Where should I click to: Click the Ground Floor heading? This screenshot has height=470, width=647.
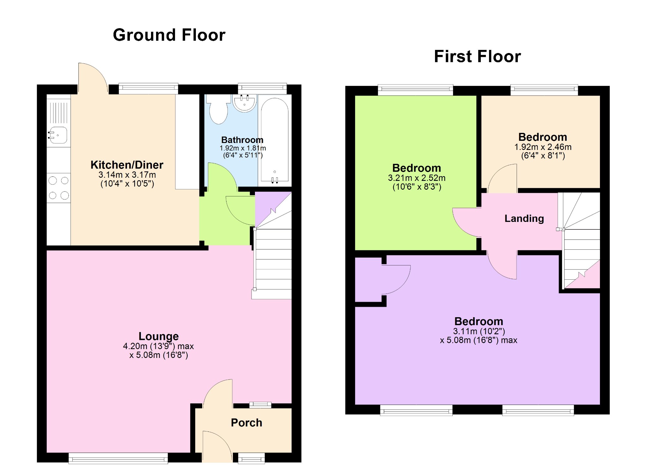coord(169,35)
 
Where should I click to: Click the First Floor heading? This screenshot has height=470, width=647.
coord(477,57)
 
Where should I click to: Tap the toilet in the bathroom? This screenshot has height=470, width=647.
coord(218,110)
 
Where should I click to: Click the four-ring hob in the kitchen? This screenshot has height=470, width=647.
coord(58,188)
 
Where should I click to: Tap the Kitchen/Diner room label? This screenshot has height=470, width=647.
coord(127,165)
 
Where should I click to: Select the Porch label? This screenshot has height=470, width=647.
coord(246,423)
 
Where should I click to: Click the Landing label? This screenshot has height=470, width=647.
coord(524,218)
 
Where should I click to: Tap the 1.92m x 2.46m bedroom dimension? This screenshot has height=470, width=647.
coord(542,147)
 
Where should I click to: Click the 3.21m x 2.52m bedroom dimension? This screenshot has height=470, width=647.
coord(416,178)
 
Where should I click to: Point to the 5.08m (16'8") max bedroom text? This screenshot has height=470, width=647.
coord(478,340)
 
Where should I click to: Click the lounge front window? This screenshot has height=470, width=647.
coord(118,458)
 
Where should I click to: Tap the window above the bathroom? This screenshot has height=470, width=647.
coord(262,88)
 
